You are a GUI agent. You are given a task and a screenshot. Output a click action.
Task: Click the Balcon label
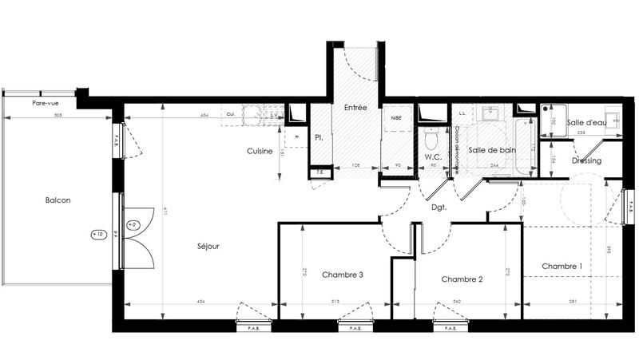click(58, 200)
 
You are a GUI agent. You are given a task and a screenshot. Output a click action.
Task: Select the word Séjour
click(208, 246)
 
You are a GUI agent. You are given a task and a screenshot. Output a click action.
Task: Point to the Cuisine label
click(260, 151)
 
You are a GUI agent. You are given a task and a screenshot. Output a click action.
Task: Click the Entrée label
click(355, 106)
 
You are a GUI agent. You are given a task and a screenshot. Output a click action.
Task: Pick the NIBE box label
click(396, 117)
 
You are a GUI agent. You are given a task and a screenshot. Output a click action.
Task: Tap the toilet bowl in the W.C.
click(434, 139)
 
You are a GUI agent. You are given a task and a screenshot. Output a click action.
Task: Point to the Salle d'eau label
click(586, 122)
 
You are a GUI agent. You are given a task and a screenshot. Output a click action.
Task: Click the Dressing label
click(586, 160)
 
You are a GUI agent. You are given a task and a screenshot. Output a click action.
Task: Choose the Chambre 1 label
click(562, 266)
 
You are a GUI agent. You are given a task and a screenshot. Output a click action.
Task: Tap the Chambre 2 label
click(462, 279)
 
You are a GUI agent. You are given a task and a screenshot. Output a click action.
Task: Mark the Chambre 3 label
click(343, 275)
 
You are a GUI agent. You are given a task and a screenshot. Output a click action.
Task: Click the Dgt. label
click(439, 208)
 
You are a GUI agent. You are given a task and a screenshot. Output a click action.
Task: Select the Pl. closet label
click(318, 137)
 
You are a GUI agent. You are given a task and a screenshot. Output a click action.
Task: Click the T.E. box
click(319, 171)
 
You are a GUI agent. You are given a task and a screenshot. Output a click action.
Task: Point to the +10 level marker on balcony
click(98, 235)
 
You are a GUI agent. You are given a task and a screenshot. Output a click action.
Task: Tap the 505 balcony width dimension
click(58, 116)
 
